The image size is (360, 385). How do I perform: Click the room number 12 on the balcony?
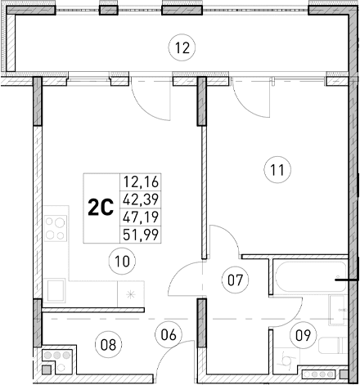click(x=182, y=47)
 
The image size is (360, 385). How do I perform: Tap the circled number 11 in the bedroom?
click(x=277, y=170)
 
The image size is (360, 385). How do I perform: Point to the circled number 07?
click(x=236, y=280)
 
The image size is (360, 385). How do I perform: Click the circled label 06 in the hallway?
click(x=169, y=334)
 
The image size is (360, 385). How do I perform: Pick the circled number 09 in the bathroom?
click(x=302, y=333)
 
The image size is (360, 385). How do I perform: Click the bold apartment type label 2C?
click(x=100, y=208)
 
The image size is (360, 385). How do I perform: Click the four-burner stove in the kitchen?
click(x=56, y=228)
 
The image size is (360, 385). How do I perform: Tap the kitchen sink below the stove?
click(x=57, y=289)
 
